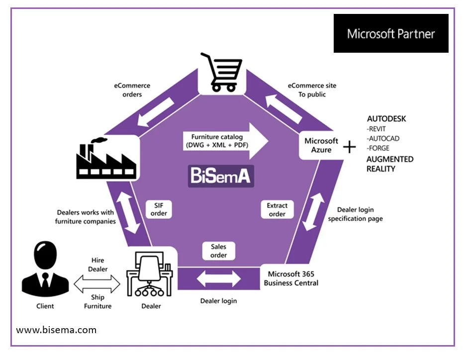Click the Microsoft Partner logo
(391, 34)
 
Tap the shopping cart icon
(222, 73)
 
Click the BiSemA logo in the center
(221, 176)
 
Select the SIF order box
(159, 209)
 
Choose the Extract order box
(277, 209)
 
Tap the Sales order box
(218, 251)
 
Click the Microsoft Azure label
(321, 145)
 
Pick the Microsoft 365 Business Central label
(291, 278)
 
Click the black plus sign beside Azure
(350, 146)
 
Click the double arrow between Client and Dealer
(97, 284)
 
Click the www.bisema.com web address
(56, 330)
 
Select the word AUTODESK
(386, 119)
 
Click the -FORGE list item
(378, 148)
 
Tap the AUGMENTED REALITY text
(390, 164)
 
